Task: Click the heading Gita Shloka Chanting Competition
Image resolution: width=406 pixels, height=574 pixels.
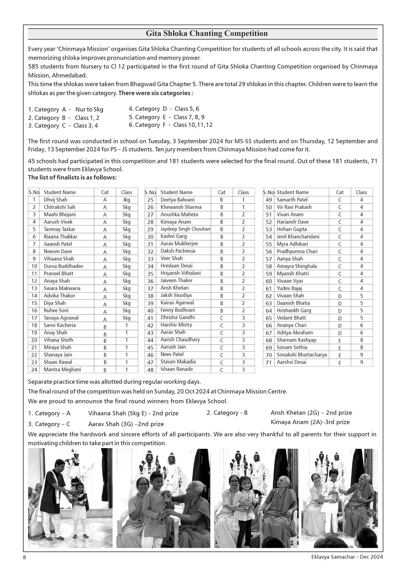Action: tap(207, 33)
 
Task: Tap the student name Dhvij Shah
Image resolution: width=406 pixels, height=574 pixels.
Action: tap(56, 200)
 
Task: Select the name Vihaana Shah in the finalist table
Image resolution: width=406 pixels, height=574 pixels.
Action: tap(59, 259)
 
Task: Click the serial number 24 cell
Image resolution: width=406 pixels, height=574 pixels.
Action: tap(34, 370)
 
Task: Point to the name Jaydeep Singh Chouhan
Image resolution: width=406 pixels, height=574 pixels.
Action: tap(185, 229)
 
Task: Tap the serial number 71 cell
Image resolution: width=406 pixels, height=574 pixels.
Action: tap(268, 362)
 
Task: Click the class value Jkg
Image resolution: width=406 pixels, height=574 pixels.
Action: tap(127, 200)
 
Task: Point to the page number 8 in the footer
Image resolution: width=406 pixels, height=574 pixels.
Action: tap(25, 557)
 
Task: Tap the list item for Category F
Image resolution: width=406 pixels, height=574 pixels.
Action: tap(171, 125)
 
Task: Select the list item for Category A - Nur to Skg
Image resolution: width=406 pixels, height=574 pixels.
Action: tap(66, 110)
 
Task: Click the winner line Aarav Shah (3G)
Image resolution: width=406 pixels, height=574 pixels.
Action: tap(117, 424)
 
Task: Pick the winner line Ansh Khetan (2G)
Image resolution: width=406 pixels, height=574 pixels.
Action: tap(311, 413)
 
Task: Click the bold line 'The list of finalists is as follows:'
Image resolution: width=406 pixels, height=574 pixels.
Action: tap(72, 178)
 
